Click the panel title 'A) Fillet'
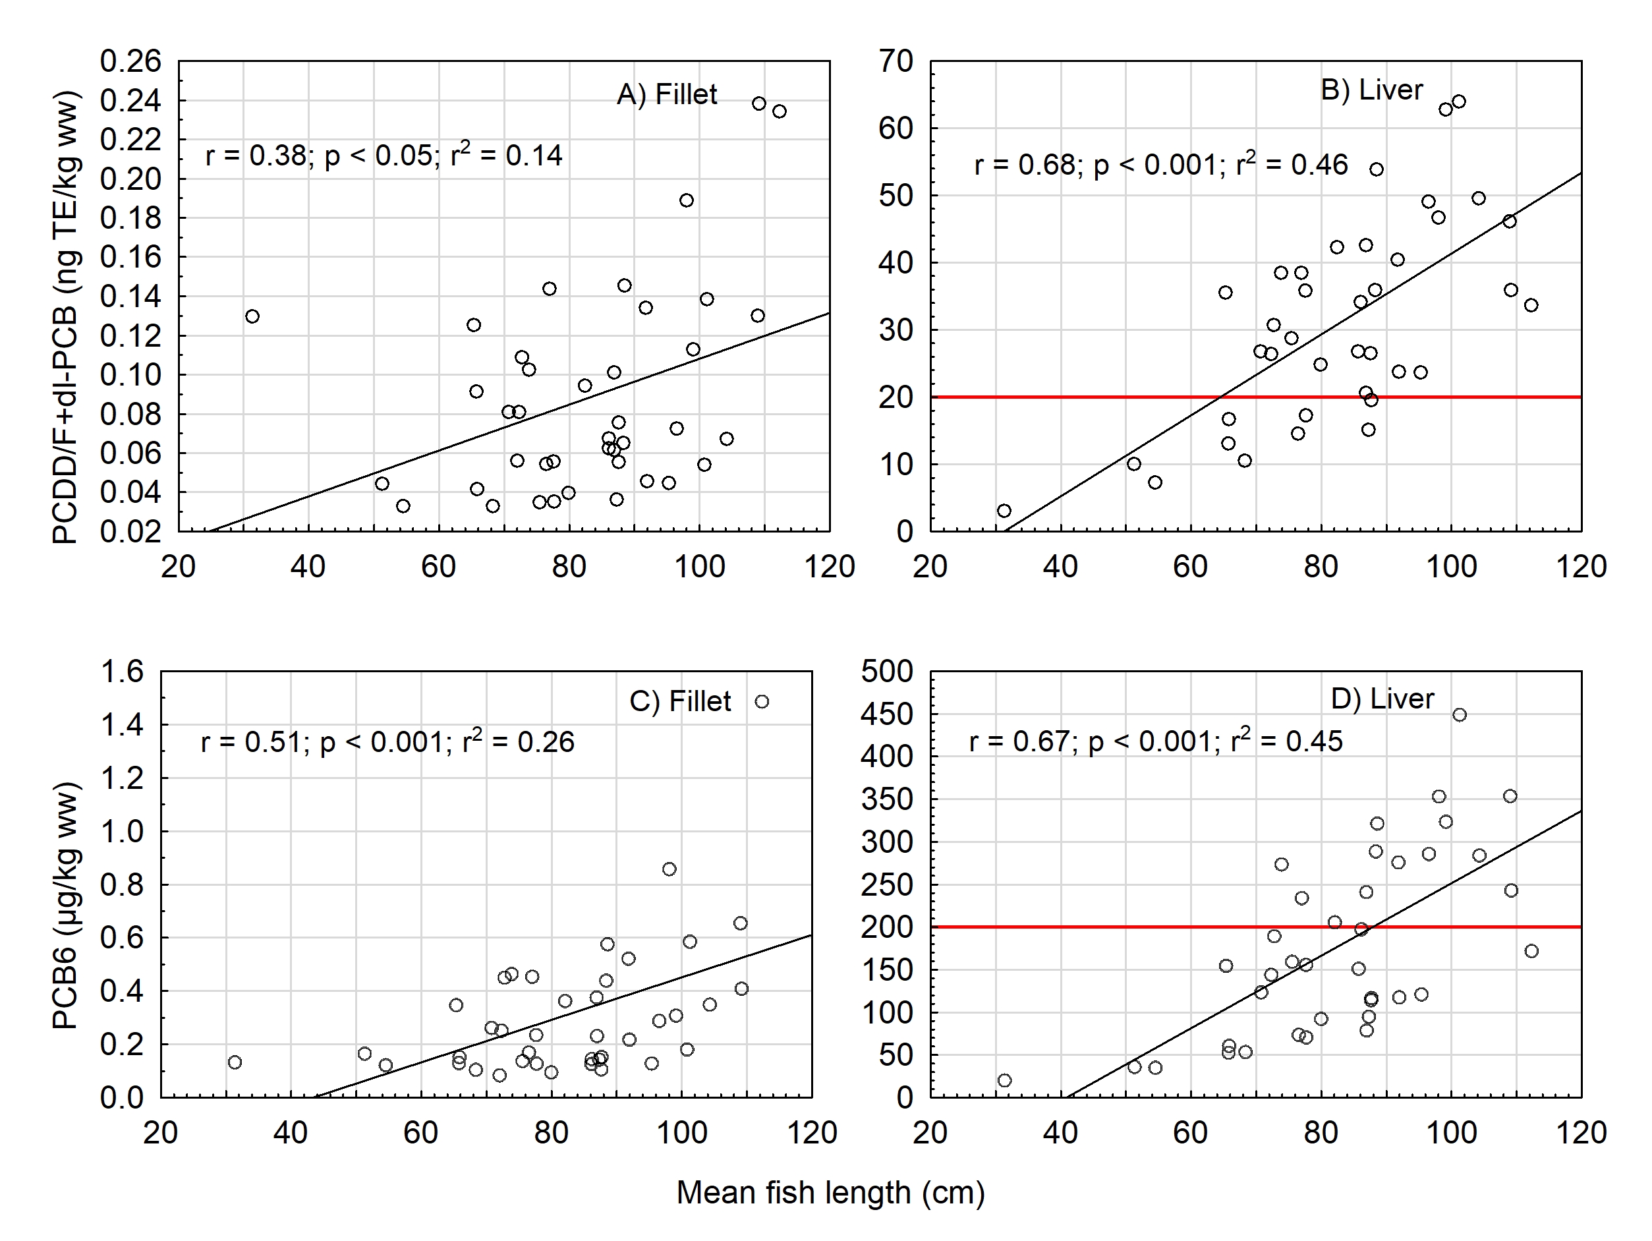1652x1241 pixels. click(666, 95)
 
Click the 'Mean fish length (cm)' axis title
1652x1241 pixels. click(830, 1192)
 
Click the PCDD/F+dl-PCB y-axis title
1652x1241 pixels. click(66, 317)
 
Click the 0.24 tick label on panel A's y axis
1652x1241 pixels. click(130, 101)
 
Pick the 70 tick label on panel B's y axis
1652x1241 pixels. click(896, 61)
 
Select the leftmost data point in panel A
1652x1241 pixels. click(252, 317)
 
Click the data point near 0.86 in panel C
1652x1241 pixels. click(669, 869)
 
